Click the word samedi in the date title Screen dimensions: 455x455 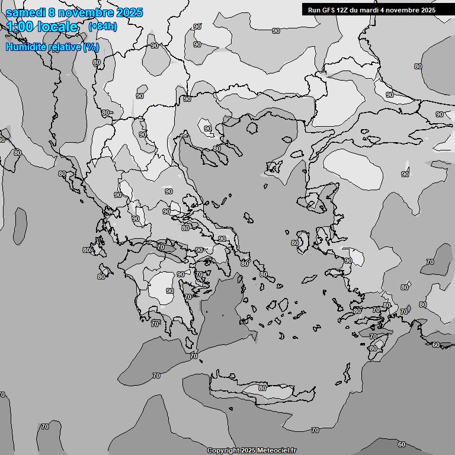point(27,12)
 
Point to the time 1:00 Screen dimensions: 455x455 point(19,27)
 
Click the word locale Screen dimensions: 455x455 point(57,27)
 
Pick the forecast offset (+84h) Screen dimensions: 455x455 point(102,27)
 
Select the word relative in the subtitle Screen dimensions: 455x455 point(65,47)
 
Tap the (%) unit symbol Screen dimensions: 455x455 point(91,47)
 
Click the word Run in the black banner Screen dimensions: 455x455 point(314,9)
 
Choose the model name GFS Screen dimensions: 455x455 point(329,9)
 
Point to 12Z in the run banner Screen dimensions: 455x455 point(344,9)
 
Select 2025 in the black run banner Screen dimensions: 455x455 point(427,9)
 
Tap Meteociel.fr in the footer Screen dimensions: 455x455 point(276,451)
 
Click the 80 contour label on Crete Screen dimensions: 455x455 point(262,388)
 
